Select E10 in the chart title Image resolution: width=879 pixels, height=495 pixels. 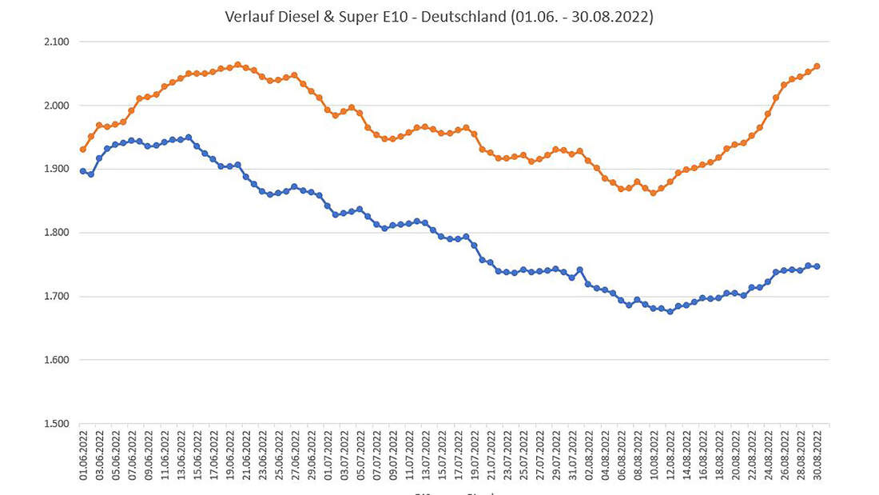point(383,16)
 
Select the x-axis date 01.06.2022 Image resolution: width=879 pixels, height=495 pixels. point(83,457)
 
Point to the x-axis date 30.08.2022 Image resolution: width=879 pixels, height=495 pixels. point(817,457)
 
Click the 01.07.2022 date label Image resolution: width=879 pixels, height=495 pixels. point(328,457)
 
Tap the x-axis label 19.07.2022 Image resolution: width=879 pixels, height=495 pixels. point(475,457)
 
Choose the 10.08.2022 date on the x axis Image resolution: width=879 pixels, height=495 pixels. point(654,457)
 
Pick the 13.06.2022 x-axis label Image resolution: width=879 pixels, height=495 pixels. point(181,457)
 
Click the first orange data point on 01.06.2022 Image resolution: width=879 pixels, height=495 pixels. point(83,150)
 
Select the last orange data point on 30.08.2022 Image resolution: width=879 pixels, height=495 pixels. point(817,66)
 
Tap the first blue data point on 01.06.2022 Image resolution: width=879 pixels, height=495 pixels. point(83,171)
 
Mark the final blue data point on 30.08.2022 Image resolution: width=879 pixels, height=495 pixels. point(817,266)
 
